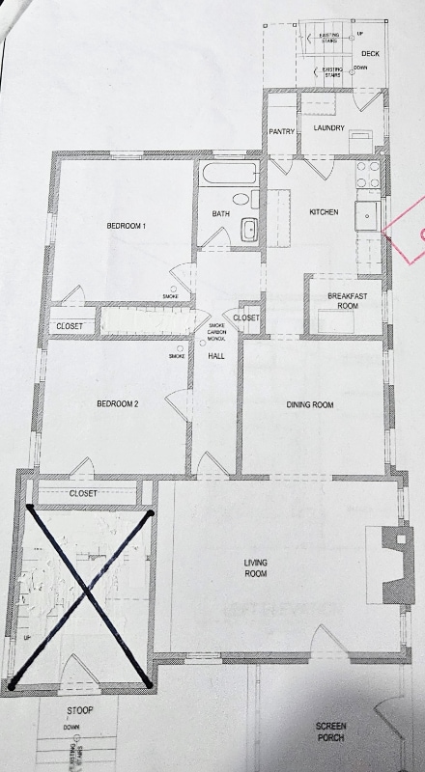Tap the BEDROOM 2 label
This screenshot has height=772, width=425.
(x=118, y=404)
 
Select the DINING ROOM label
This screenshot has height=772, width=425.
(x=309, y=405)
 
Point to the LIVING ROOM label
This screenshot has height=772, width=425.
(x=256, y=567)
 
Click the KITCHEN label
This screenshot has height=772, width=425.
(x=323, y=212)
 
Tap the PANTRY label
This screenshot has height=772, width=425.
(x=281, y=131)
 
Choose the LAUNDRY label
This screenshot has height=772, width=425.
(x=328, y=127)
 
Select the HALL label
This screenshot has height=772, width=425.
(x=216, y=356)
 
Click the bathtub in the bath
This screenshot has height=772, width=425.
(x=229, y=177)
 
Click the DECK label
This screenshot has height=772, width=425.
(x=370, y=53)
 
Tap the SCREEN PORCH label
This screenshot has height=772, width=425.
(x=331, y=734)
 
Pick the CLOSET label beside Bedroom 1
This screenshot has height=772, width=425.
(x=70, y=326)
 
